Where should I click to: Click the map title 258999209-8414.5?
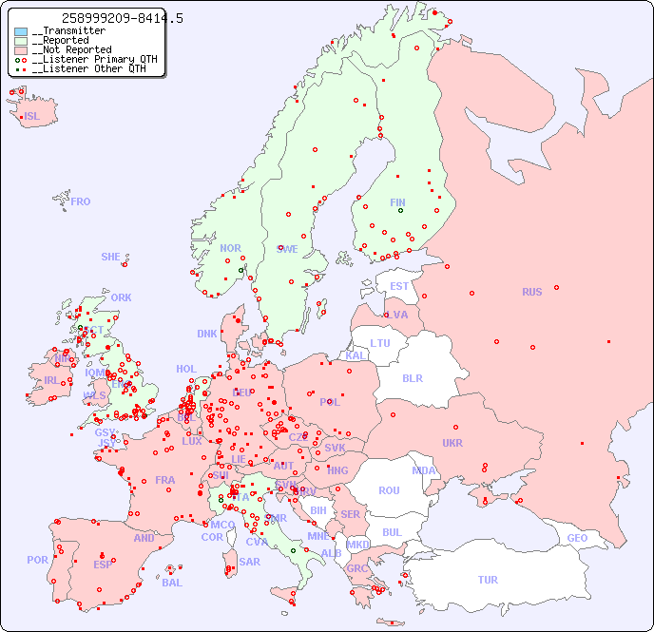coord(123,18)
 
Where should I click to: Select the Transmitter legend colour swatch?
coord(21,31)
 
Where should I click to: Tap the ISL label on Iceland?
coord(32,117)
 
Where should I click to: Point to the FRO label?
coord(81,201)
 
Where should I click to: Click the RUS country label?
coord(531,292)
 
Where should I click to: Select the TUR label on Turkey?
coord(488,580)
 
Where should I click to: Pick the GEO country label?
coord(577,538)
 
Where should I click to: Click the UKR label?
coord(452,443)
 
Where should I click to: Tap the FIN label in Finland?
coord(397,202)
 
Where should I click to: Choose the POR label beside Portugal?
coord(37,560)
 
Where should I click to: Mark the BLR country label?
coord(412,377)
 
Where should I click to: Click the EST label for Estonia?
coord(399,286)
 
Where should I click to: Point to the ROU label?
coord(389,490)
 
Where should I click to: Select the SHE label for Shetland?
coord(111,257)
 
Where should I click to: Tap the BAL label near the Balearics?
coord(171,583)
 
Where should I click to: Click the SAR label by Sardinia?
coord(249,562)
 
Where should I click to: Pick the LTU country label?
coord(380,343)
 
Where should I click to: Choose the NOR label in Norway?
coord(230,248)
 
